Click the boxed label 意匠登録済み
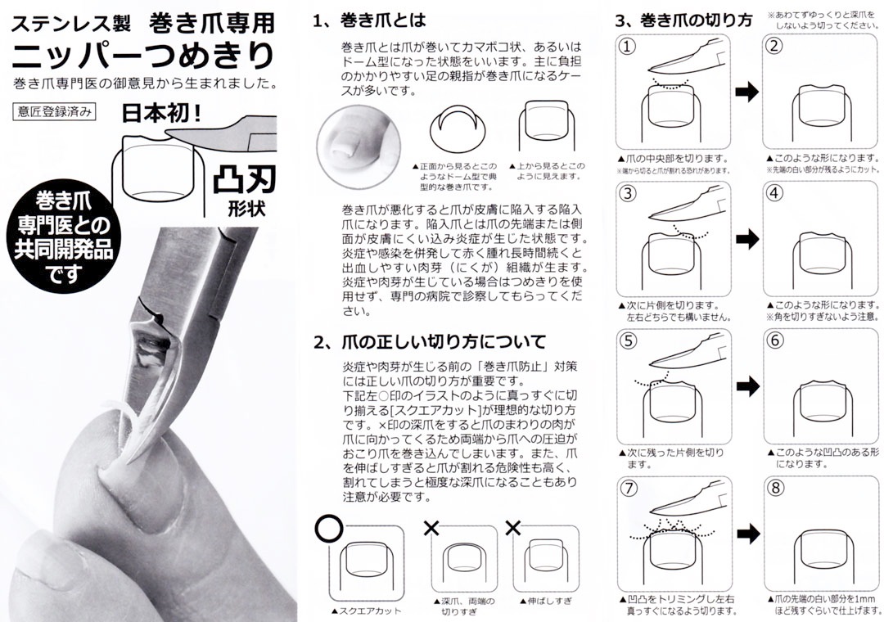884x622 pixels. (54, 111)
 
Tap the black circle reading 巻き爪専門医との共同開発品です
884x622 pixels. (64, 235)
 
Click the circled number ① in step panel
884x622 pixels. (627, 47)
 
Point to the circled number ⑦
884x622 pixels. (628, 488)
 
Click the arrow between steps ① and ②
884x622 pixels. (747, 92)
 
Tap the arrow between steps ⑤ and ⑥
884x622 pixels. (747, 386)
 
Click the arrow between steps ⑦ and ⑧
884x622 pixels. (747, 534)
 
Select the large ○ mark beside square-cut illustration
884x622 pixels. (329, 530)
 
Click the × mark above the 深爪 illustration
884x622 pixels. (431, 529)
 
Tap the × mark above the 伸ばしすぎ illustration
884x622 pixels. (513, 529)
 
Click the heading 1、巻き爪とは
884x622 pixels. (369, 20)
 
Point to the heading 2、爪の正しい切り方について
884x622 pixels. (430, 342)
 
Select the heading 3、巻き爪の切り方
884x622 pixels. (683, 21)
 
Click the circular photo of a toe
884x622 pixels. (359, 145)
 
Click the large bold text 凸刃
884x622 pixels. (244, 180)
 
